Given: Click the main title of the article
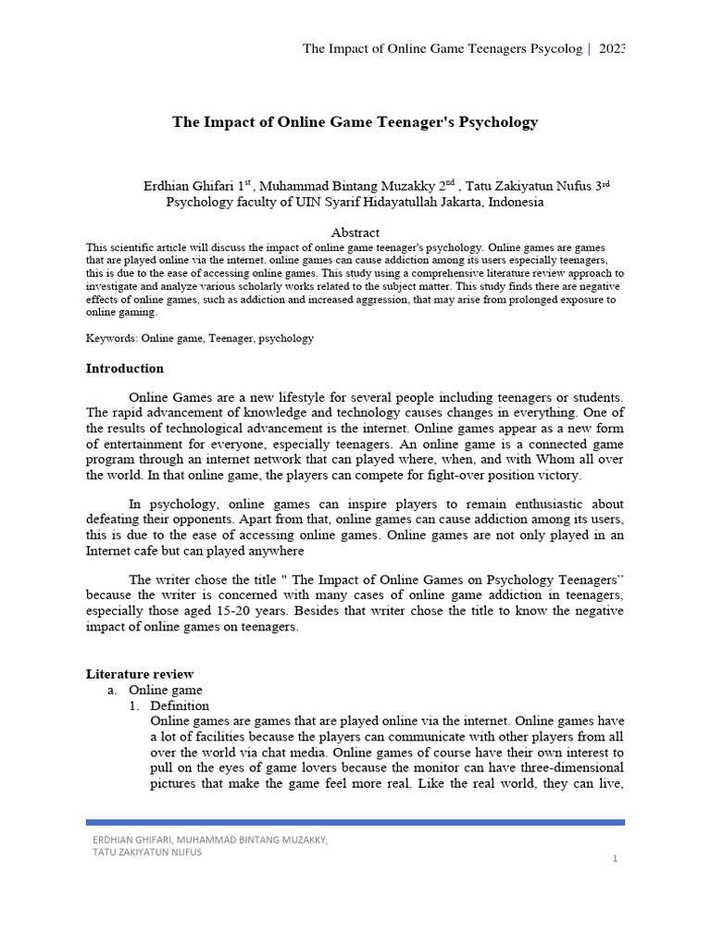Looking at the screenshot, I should point(355,122).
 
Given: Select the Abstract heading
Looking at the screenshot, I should point(355,232).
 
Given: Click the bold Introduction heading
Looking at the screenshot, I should point(124,368).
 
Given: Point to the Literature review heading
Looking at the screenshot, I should point(140,674).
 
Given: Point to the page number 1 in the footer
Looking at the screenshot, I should point(614,859).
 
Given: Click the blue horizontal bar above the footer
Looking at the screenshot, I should point(355,821).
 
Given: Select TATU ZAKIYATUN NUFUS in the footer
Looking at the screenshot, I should point(147,852).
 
